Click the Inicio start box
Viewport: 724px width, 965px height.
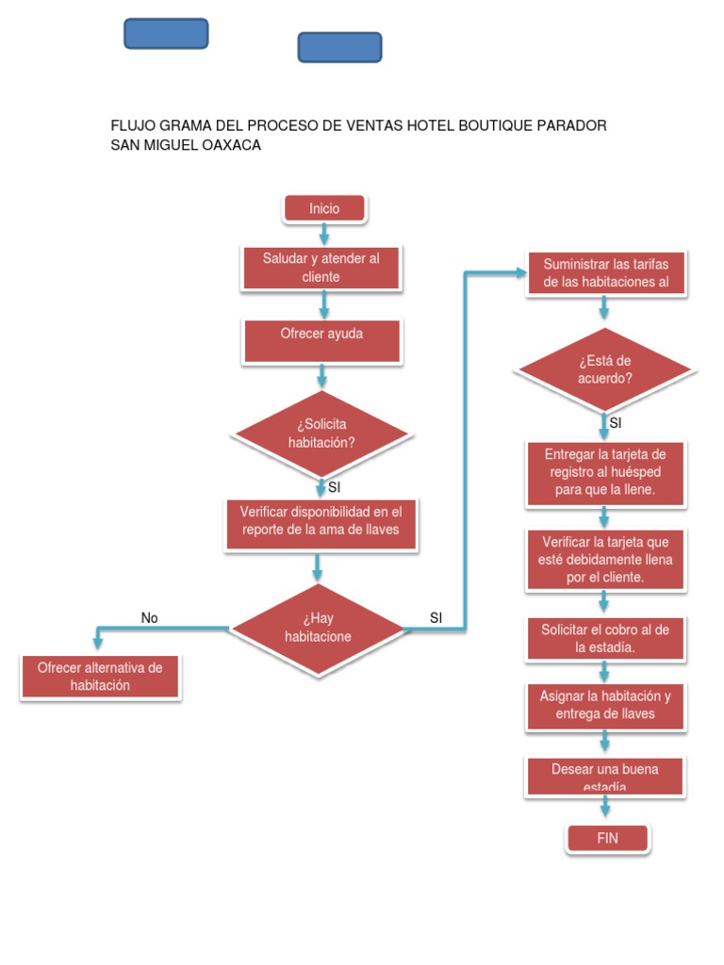(324, 208)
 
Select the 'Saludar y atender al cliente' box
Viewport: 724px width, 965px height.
(321, 268)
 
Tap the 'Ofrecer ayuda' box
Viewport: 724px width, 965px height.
(321, 339)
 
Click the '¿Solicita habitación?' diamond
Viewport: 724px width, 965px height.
(321, 433)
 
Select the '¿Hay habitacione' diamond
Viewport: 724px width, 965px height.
(318, 628)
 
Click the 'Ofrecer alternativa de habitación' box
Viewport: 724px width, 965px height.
(100, 677)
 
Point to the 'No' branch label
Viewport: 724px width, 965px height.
(150, 618)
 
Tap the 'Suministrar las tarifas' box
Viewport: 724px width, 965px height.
(606, 273)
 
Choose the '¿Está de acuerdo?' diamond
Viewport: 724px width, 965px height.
(604, 369)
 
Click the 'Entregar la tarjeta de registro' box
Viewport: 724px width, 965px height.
(604, 473)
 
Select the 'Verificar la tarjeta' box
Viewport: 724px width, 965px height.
(604, 559)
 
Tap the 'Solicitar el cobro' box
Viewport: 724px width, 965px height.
(604, 638)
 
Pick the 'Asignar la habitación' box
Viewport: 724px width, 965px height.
(604, 705)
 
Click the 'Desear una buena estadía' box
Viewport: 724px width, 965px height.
(604, 777)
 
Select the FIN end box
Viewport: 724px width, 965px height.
(607, 838)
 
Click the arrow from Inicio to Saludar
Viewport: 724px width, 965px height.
(324, 234)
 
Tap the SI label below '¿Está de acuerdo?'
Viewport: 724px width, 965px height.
(616, 423)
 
